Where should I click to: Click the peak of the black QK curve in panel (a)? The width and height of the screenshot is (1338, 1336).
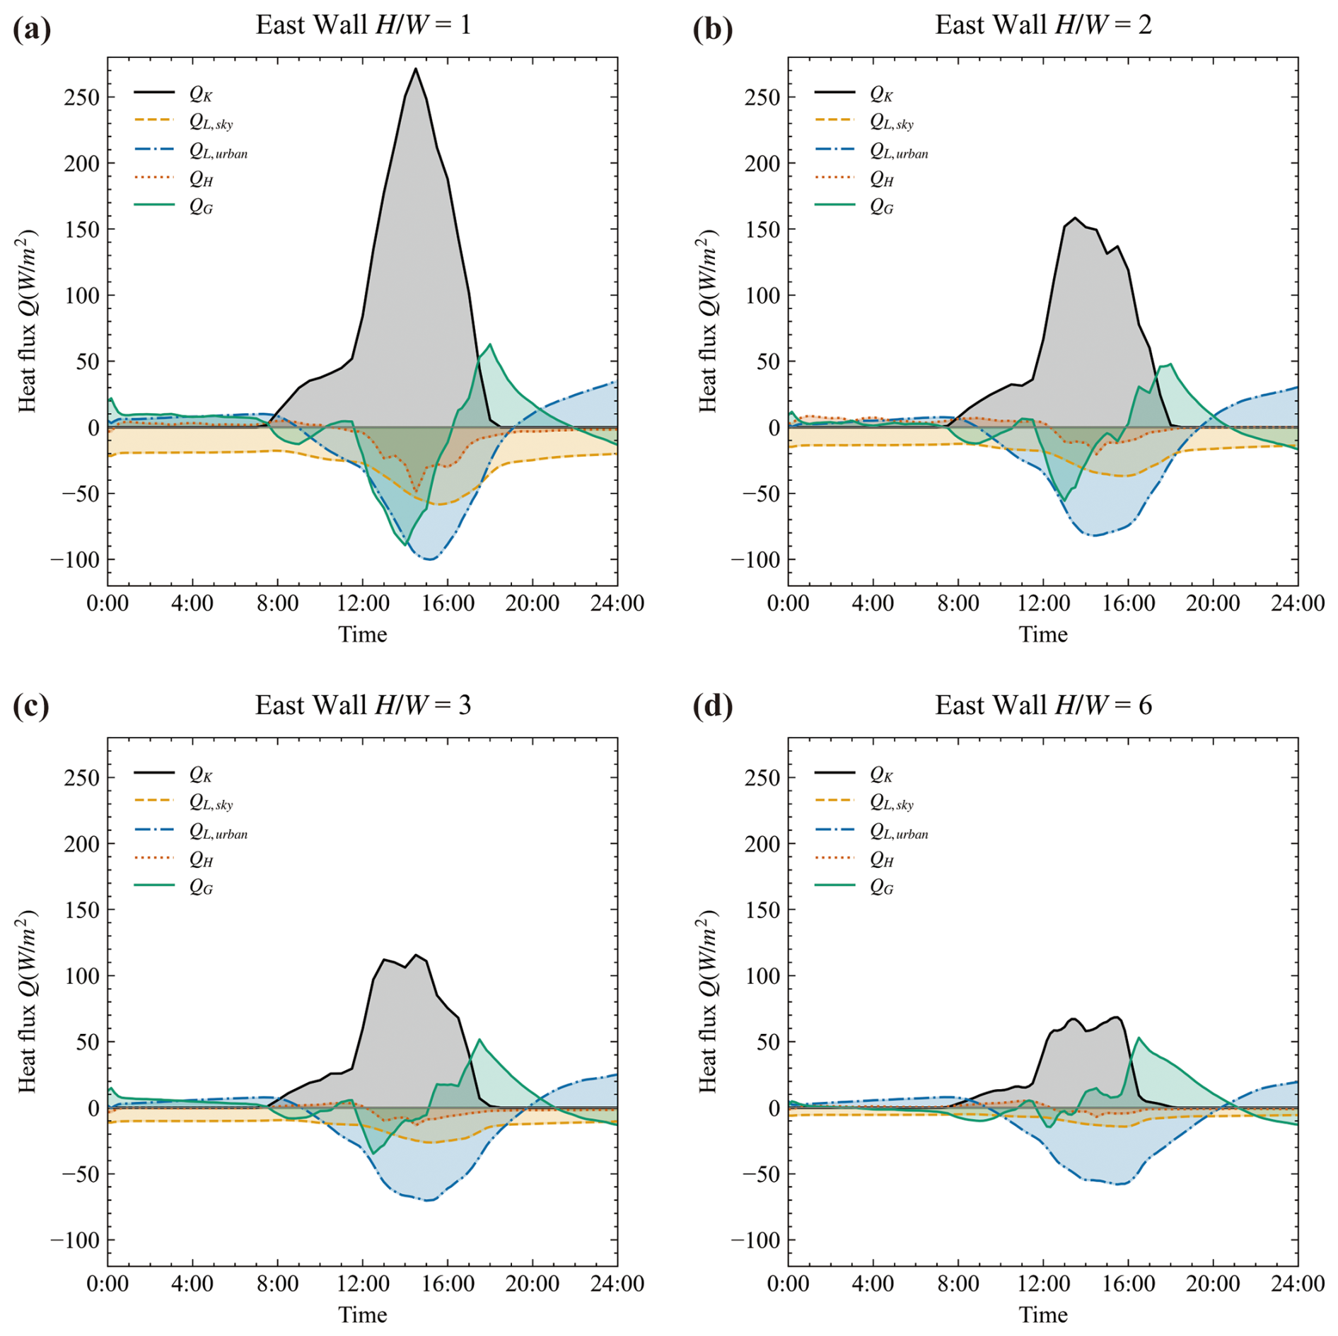416,69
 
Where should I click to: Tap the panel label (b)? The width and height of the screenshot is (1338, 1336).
712,29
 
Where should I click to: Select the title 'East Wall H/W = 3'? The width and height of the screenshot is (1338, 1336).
363,705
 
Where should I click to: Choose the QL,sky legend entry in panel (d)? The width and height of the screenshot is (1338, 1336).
891,803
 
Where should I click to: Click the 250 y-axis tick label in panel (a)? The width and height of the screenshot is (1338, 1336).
82,97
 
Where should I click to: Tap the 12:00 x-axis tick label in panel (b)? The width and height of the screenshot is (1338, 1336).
1043,603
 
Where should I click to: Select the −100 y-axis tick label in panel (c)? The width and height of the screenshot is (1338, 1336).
75,1240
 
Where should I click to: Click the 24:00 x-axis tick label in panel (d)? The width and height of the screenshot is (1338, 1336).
1298,1284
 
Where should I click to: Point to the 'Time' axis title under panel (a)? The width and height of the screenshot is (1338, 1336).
362,634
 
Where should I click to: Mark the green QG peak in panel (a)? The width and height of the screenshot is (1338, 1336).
490,344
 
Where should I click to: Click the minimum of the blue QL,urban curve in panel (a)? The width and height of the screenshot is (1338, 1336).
430,559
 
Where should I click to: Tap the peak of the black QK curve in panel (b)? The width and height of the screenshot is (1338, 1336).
1075,218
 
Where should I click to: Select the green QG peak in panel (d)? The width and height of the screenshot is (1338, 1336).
1139,1038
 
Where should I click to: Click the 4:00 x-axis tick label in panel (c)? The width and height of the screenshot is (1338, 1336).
192,1284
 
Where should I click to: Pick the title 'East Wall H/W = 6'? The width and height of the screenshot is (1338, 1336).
1043,705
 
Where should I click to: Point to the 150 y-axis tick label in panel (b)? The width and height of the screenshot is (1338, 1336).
762,229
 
